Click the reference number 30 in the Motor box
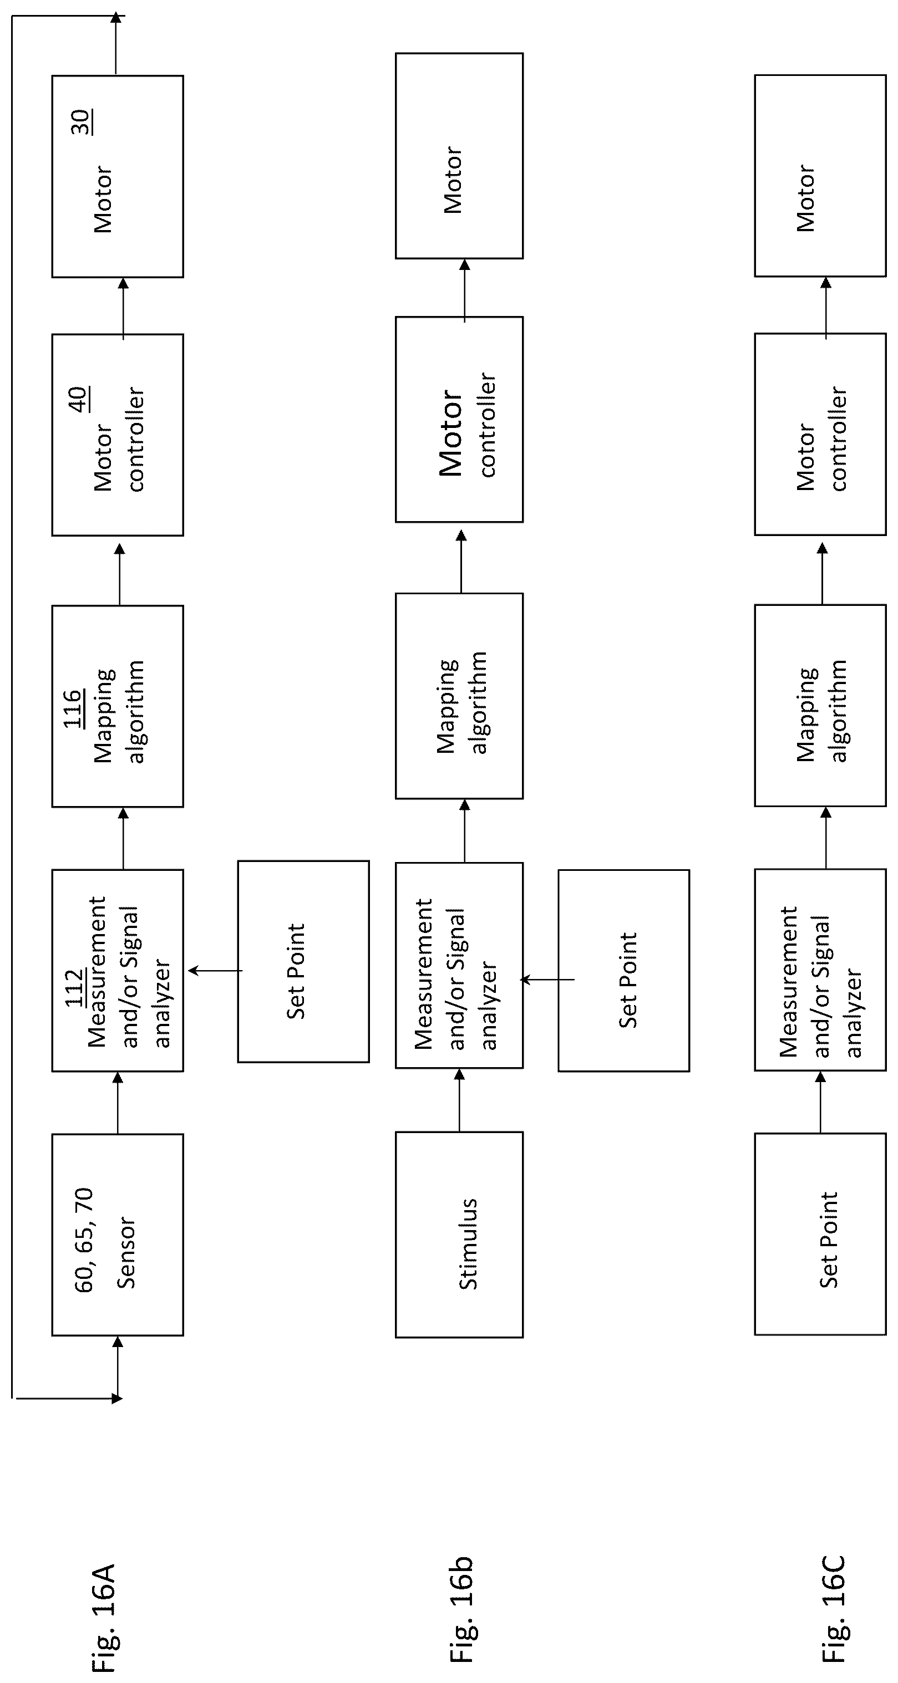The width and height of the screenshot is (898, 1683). (x=81, y=122)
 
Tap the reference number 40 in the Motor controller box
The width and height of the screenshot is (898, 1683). (x=78, y=399)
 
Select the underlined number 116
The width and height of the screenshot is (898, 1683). (x=73, y=708)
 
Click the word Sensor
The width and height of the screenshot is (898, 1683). (x=125, y=1252)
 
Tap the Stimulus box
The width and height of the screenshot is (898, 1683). (x=459, y=1235)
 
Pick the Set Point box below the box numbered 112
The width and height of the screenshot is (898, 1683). (x=303, y=962)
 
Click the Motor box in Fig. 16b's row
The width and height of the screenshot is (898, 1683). (x=459, y=155)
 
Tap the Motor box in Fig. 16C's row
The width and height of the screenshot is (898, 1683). (x=820, y=176)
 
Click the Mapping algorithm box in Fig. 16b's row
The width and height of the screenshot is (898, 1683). (x=459, y=696)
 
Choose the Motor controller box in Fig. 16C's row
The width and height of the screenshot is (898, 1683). (x=820, y=435)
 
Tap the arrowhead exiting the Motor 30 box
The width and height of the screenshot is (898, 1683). (x=116, y=18)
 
